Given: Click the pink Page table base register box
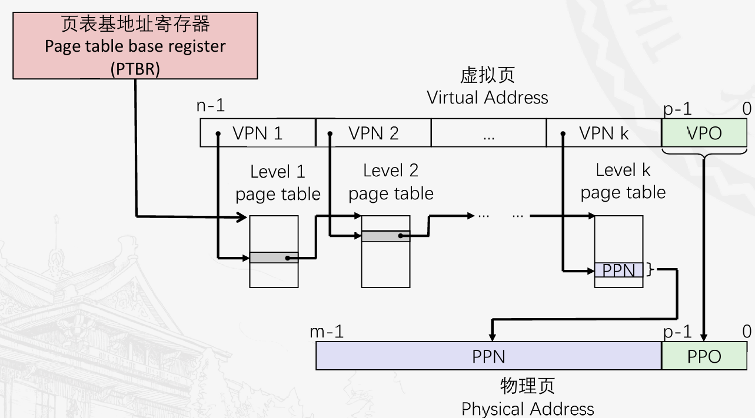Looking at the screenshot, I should click(x=135, y=46).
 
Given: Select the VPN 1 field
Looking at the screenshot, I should click(x=258, y=133).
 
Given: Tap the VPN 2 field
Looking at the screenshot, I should click(x=374, y=133).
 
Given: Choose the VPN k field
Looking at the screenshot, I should click(x=604, y=133).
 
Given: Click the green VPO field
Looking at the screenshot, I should click(x=704, y=133).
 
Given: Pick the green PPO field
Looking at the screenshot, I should click(x=704, y=356).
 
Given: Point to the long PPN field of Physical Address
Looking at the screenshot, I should click(x=488, y=356).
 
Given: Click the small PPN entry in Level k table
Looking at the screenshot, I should click(x=618, y=270).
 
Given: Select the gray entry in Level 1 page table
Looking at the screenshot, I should click(x=274, y=258).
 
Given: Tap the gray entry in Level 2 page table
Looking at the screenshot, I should click(x=385, y=236).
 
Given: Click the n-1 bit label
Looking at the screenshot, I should click(x=211, y=106).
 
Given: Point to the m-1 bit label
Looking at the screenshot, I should click(x=327, y=332).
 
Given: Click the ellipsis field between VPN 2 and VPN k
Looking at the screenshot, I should click(x=488, y=133).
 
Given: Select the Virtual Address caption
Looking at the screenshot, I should click(x=487, y=97).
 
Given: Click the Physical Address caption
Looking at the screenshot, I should click(x=527, y=409).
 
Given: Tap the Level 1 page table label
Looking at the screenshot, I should click(x=278, y=183).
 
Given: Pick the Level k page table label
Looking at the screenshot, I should click(x=623, y=181).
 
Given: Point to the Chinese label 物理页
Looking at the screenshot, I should click(x=527, y=386).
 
